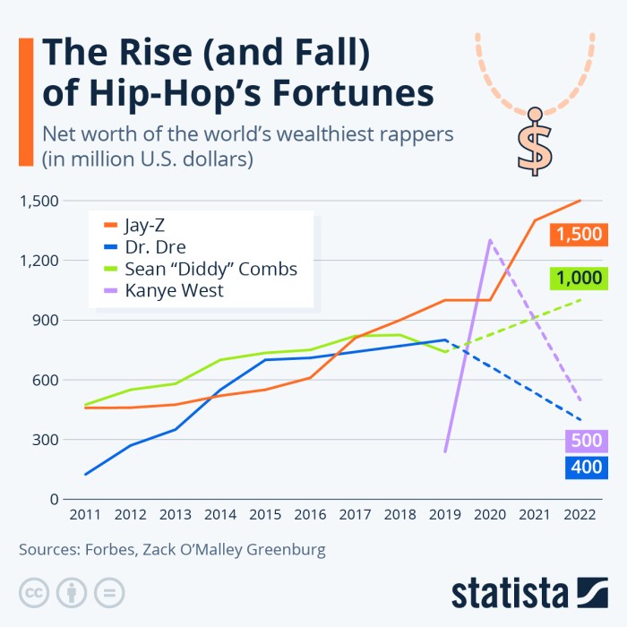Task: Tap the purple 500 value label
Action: tap(586, 441)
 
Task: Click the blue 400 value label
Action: tap(586, 467)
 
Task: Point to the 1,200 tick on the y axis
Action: tap(39, 261)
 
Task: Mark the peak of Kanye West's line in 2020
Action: tap(490, 240)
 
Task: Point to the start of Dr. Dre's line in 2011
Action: tap(86, 475)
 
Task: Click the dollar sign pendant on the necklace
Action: tap(534, 143)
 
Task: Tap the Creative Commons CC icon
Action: tap(34, 593)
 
